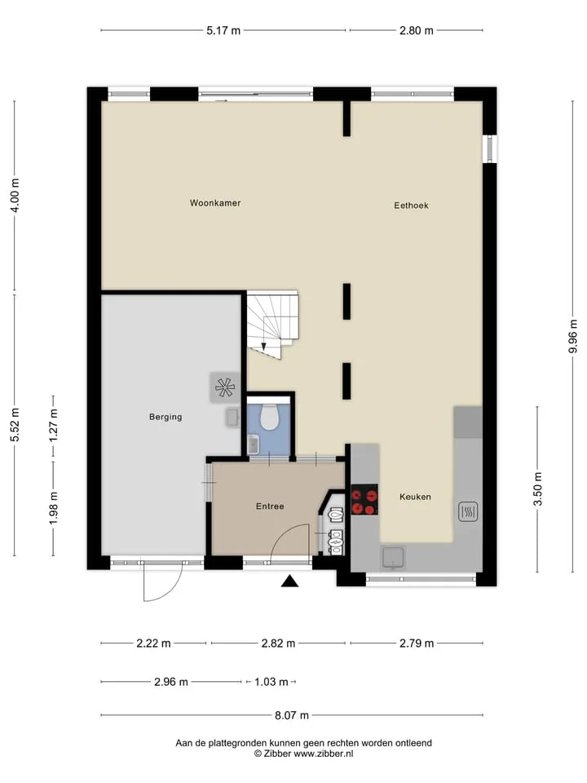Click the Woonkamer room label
(215, 203)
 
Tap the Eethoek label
(411, 206)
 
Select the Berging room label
(166, 417)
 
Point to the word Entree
(270, 507)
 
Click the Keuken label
(415, 497)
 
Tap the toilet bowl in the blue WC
(270, 418)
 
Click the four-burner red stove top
(364, 499)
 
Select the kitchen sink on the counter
(394, 558)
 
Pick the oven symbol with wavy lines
(468, 511)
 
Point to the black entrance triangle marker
(289, 581)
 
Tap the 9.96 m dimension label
(573, 336)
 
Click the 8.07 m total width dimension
(292, 715)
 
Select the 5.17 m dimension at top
(223, 30)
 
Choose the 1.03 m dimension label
(271, 682)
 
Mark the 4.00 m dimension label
(15, 195)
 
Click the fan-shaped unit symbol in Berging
(224, 387)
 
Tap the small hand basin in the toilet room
(253, 444)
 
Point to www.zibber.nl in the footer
(323, 754)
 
